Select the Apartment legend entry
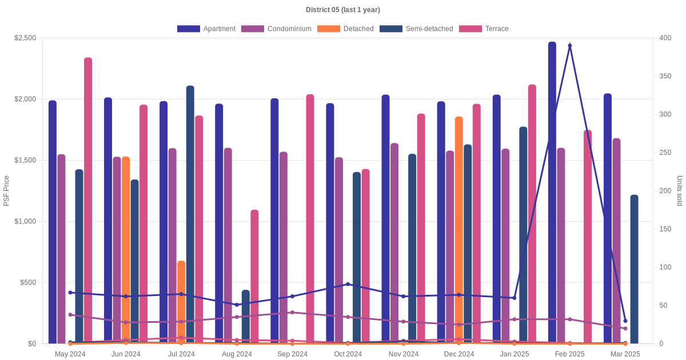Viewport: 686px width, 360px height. [x=206, y=29]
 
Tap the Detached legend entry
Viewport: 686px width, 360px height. [x=345, y=29]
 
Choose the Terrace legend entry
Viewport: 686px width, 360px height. [x=484, y=29]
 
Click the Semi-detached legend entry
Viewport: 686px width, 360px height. [x=416, y=29]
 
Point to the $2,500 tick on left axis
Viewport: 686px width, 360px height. [x=25, y=38]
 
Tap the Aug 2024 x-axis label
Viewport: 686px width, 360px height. [x=237, y=354]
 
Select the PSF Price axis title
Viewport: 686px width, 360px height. [x=6, y=191]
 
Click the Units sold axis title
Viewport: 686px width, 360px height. [x=680, y=191]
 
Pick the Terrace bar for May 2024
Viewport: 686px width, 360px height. [x=88, y=200]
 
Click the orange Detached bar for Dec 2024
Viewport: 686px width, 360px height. [x=458, y=230]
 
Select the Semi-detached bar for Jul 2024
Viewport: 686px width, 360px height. [x=190, y=214]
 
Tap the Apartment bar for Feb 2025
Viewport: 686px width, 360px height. [x=552, y=193]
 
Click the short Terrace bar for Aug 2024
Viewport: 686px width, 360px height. [x=254, y=277]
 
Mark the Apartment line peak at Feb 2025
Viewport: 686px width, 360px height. [x=570, y=46]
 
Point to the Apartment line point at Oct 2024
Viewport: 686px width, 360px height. [x=348, y=284]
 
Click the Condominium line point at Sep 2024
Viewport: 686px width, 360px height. [x=292, y=313]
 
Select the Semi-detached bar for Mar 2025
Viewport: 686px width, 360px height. [x=634, y=269]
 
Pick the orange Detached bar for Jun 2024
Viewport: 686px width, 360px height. [x=126, y=250]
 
